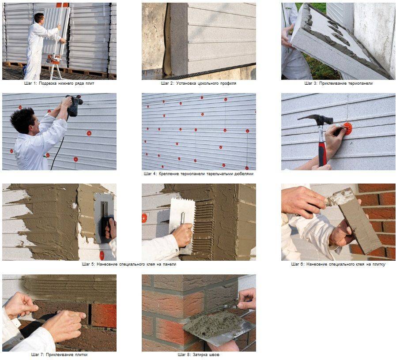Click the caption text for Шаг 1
coord(59,83)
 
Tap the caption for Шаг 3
coord(338,83)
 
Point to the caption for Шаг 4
coord(199,174)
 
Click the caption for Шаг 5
coord(129,264)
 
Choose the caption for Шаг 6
coord(338,264)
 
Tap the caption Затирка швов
coord(206,355)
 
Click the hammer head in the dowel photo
coord(316,119)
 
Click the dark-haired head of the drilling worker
coord(23,120)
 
